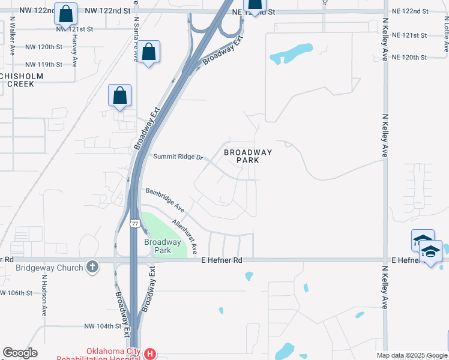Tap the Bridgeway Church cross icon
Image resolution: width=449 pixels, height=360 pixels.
pos(92,266)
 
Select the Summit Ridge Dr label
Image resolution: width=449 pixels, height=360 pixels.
pos(179,157)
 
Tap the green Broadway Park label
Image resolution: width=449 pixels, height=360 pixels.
pos(162,246)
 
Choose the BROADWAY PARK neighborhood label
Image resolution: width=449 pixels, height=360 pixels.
pos(248,156)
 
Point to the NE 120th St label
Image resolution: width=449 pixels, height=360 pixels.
pos(408,58)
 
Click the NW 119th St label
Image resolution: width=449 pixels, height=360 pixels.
pos(44,64)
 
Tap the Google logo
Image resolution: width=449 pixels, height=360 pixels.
pos(20,353)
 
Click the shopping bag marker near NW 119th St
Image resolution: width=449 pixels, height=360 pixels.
pos(149,52)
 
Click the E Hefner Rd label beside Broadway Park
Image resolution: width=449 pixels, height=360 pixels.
pos(221,260)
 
